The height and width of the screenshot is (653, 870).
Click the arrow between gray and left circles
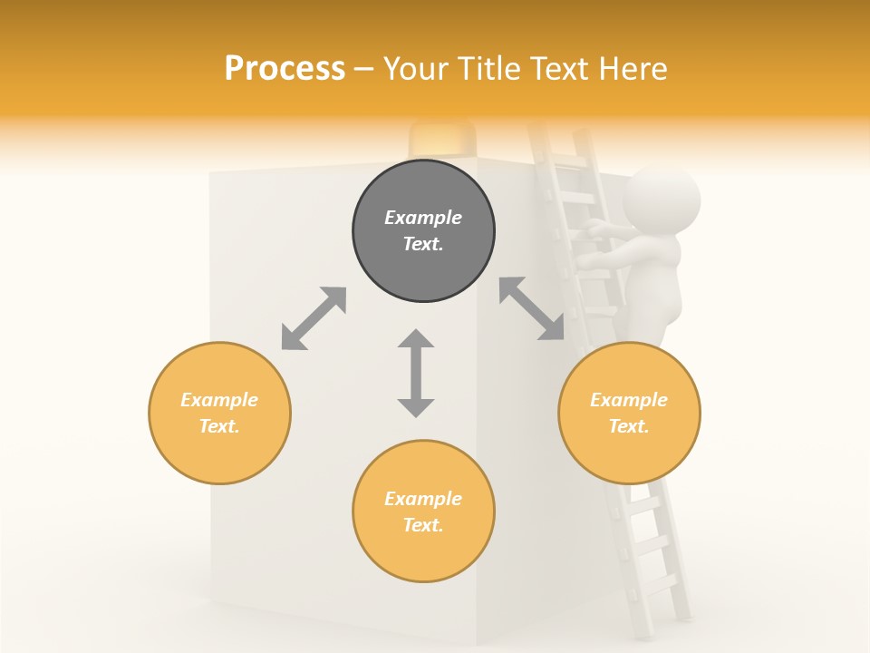coord(314,318)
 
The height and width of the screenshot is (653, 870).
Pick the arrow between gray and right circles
coord(532,308)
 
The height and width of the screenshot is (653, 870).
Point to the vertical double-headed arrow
coord(416,373)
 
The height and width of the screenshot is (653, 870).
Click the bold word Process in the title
coord(285,68)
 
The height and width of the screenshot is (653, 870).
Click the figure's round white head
coord(662,199)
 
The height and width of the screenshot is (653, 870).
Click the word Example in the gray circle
coord(423,218)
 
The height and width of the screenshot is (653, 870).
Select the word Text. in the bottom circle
coord(423,525)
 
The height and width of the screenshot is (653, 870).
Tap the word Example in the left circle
coord(219,400)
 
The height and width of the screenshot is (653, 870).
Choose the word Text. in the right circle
coord(629,426)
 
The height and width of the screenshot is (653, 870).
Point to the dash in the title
coord(364,69)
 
